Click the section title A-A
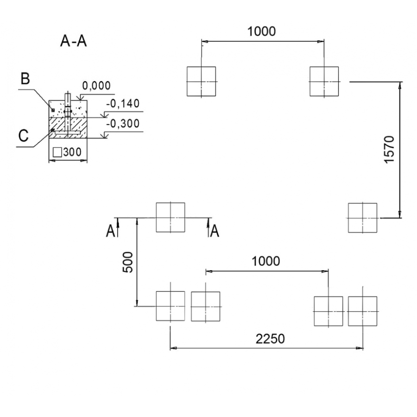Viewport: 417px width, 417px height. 74,41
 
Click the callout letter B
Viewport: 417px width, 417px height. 25,79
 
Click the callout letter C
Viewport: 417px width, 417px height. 24,135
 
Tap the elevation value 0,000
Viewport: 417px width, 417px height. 96,86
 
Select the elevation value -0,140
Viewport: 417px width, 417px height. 122,104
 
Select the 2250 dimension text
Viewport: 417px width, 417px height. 271,339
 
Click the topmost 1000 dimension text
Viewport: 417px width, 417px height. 261,32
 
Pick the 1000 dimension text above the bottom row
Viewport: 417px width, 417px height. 266,261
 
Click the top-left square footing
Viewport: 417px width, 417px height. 201,82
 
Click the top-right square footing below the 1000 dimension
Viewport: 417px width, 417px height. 324,82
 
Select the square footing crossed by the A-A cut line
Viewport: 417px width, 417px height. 171,217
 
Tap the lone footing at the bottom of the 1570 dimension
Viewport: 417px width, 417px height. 362,218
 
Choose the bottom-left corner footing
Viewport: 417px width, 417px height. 171,306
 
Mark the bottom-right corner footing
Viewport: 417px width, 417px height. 362,311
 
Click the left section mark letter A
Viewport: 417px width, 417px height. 110,231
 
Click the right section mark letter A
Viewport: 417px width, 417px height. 215,231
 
